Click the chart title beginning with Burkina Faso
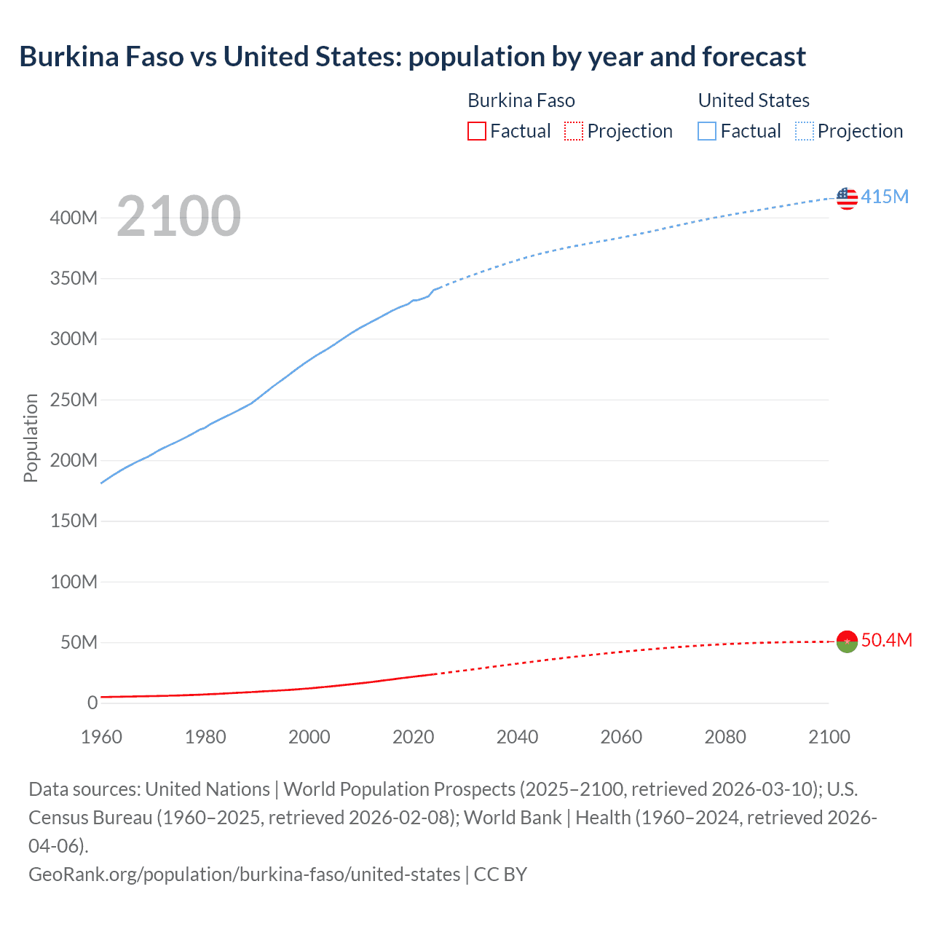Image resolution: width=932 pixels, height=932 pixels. click(412, 57)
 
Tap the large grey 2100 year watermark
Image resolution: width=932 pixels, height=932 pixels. click(178, 216)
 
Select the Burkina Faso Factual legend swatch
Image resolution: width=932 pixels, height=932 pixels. click(477, 131)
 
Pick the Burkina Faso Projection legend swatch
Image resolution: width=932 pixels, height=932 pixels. click(574, 131)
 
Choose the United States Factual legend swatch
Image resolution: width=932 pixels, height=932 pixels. click(707, 131)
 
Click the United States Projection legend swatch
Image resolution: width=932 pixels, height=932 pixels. click(805, 131)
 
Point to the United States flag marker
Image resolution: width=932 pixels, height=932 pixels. click(847, 197)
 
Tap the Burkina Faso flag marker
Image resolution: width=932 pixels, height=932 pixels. click(847, 641)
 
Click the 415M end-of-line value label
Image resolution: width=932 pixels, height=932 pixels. click(885, 197)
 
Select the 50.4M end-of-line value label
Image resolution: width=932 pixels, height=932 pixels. click(886, 640)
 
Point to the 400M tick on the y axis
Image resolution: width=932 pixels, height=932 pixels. click(74, 218)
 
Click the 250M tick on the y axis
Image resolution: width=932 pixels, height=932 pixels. click(74, 400)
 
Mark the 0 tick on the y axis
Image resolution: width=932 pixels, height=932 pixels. click(92, 703)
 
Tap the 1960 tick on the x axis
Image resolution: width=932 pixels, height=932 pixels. click(101, 737)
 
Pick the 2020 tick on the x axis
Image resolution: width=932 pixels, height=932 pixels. click(414, 737)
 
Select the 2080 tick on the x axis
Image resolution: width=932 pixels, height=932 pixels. click(725, 737)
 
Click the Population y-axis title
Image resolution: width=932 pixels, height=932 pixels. click(31, 438)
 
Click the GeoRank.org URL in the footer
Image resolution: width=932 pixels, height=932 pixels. click(244, 874)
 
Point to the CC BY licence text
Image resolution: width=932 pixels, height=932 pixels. click(500, 874)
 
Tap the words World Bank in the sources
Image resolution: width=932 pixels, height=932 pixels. click(513, 818)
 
